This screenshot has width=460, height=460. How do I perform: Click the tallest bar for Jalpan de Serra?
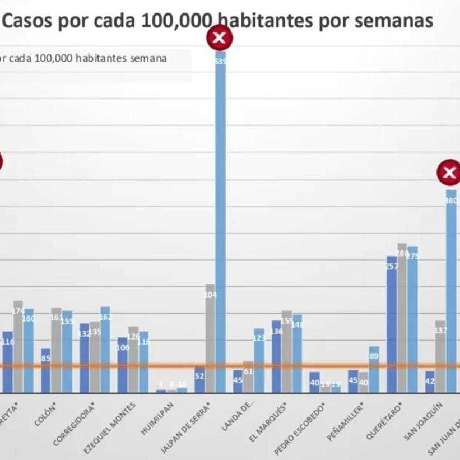click(220, 224)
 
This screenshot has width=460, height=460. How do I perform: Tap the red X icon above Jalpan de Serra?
click(220, 39)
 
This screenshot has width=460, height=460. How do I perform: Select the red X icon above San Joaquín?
click(449, 173)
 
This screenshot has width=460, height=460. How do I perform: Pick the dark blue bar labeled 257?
click(392, 325)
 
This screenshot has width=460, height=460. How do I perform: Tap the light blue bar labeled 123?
click(259, 361)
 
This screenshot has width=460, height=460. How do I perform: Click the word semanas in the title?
click(398, 21)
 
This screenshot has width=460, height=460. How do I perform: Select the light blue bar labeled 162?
click(105, 350)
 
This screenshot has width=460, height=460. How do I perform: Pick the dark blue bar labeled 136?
click(276, 357)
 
